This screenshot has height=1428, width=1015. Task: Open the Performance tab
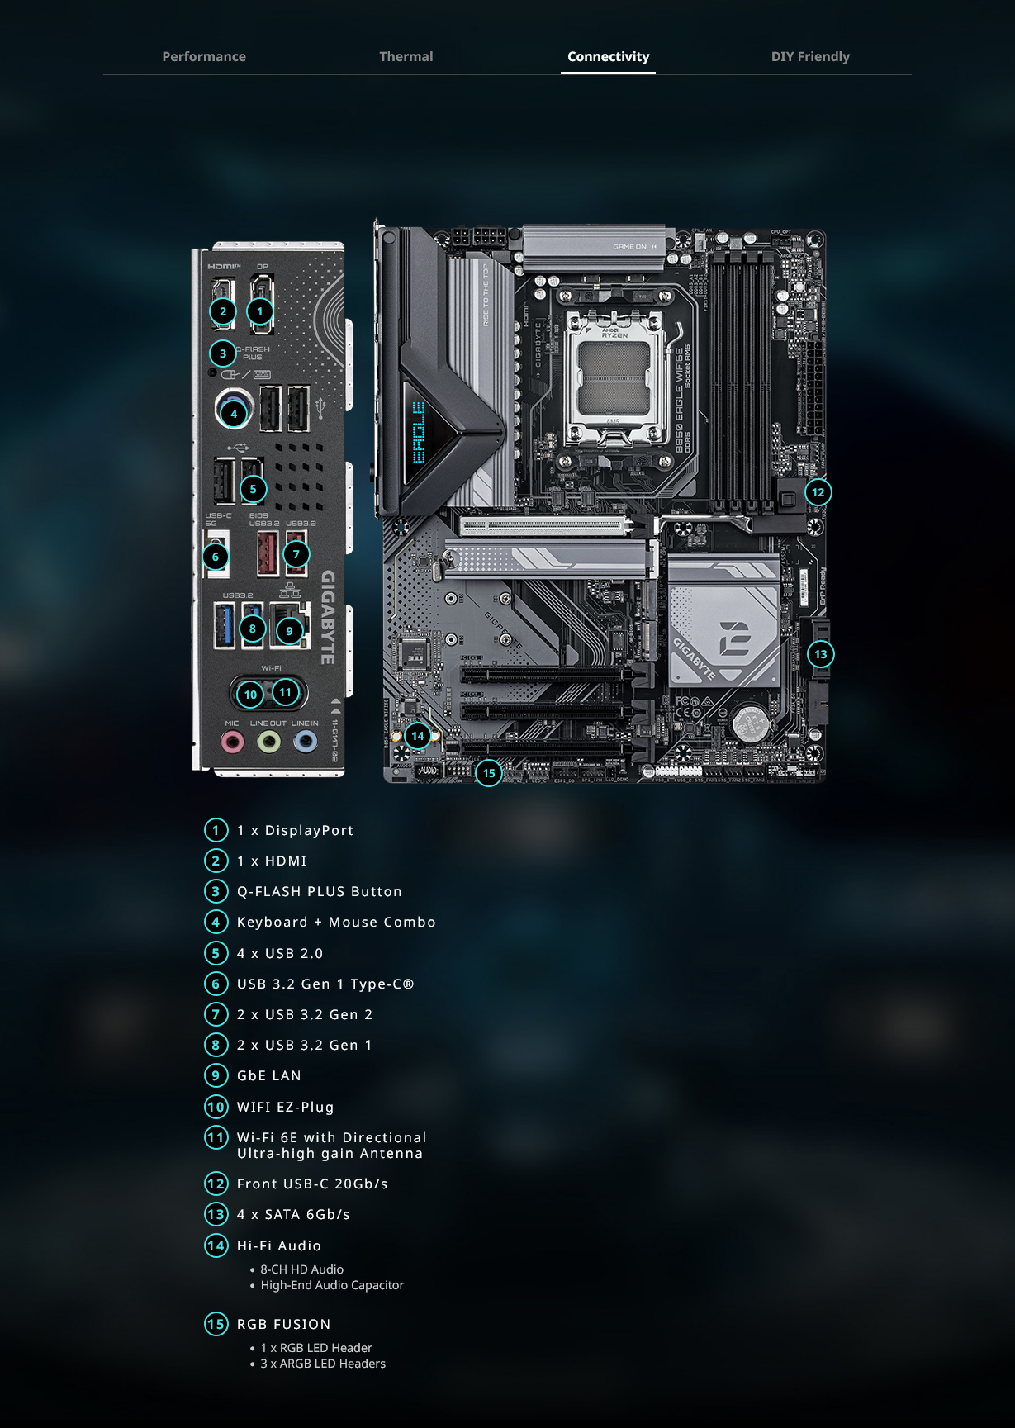[x=204, y=56]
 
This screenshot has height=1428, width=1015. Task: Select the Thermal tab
[x=406, y=56]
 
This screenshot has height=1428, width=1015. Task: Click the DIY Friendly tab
[x=810, y=56]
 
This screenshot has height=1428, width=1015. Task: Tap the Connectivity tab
[x=608, y=56]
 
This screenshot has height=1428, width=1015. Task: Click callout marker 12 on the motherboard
[x=818, y=492]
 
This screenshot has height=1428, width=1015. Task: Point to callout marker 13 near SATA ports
[x=820, y=654]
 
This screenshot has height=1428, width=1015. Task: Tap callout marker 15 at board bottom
[x=489, y=773]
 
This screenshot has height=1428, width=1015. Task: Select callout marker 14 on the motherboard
[x=418, y=736]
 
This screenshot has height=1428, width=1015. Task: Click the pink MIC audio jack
[x=233, y=742]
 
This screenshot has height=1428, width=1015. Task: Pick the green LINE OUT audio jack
[x=268, y=742]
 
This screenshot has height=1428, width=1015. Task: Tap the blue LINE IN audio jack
[x=306, y=742]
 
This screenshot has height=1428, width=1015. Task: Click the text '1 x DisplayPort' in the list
[x=295, y=830]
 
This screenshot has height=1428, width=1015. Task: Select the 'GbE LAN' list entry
[x=268, y=1075]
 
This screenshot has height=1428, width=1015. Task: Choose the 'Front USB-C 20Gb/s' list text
[x=312, y=1184]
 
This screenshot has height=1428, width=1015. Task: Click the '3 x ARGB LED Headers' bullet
[x=323, y=1364]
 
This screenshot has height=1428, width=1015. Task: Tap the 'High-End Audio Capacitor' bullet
[x=332, y=1285]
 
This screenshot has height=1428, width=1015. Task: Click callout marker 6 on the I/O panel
[x=216, y=557]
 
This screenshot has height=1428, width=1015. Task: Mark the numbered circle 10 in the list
[x=216, y=1107]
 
